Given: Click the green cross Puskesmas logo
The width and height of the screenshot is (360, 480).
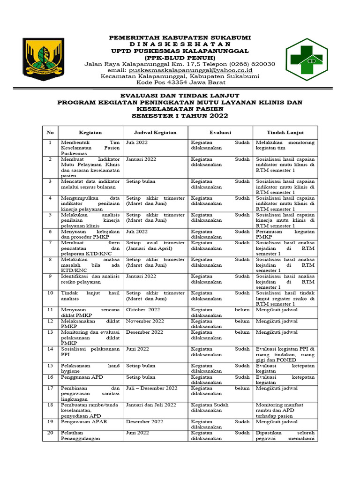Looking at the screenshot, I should click(x=311, y=60).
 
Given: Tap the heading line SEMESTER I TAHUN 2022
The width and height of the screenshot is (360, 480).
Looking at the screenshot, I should click(x=180, y=115).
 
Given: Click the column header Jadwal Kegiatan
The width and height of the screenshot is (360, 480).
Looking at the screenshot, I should click(x=155, y=133).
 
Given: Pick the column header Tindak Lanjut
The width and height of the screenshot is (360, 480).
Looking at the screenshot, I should click(x=285, y=133).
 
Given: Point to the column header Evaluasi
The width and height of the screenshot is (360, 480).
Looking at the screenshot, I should click(x=220, y=133).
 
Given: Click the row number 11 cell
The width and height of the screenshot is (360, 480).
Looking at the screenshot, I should click(x=50, y=310).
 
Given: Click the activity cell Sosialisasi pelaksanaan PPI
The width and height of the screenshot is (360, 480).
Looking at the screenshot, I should click(x=90, y=352).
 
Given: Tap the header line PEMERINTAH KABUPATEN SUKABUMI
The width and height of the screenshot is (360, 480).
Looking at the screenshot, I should click(x=180, y=37).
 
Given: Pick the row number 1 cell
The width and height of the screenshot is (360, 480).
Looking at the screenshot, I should click(x=50, y=142).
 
